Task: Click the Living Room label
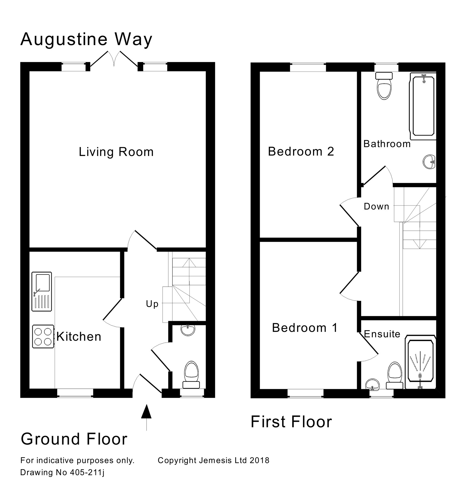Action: click(x=116, y=152)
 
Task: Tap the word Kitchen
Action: click(x=79, y=337)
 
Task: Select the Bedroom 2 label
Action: click(x=301, y=151)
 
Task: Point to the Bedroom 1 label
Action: click(x=305, y=328)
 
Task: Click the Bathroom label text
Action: click(x=387, y=144)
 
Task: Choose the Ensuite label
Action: click(x=382, y=334)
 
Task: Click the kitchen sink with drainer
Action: click(x=42, y=291)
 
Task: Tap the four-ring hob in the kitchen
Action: click(x=43, y=337)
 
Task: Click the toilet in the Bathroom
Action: click(x=384, y=86)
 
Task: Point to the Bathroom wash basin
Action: click(x=429, y=162)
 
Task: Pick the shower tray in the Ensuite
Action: click(x=420, y=362)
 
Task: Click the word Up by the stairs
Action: click(x=152, y=304)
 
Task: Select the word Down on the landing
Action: click(x=376, y=207)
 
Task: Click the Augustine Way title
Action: click(x=86, y=39)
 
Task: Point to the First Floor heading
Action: click(x=291, y=422)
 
